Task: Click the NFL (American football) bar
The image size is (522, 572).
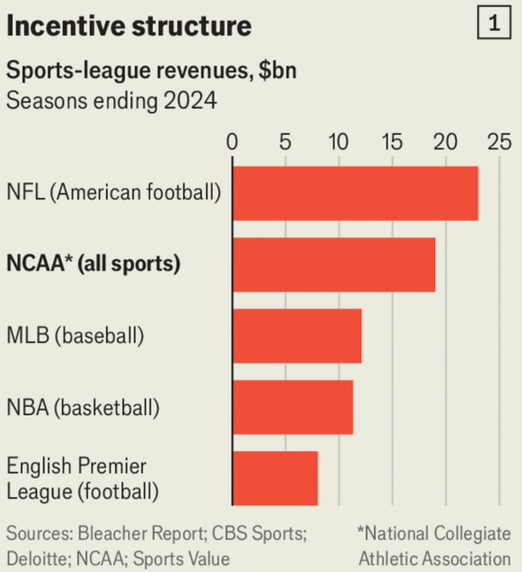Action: click(x=355, y=193)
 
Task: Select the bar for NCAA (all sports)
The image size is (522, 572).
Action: click(x=334, y=264)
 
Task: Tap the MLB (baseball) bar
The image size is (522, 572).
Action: click(x=297, y=335)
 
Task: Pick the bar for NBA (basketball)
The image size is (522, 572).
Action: click(x=293, y=406)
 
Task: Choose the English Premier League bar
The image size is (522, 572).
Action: click(x=275, y=478)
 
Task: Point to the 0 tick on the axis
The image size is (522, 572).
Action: click(x=233, y=141)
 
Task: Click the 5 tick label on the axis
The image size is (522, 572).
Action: click(x=285, y=141)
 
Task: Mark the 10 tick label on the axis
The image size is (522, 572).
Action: click(x=338, y=141)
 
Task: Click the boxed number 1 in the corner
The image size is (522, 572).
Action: click(x=495, y=25)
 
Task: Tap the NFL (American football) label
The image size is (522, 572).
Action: click(x=114, y=194)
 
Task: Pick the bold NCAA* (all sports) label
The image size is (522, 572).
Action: click(x=94, y=264)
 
